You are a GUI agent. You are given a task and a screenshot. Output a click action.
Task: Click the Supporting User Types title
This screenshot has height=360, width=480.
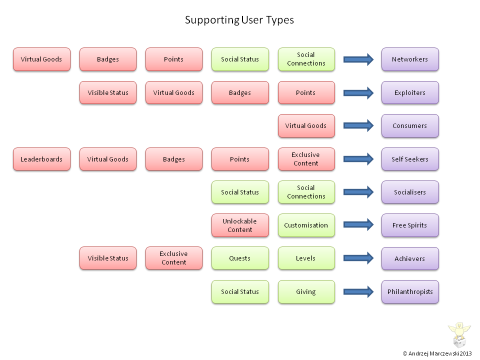pos(239,20)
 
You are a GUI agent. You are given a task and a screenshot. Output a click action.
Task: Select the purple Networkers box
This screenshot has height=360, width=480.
pos(410,59)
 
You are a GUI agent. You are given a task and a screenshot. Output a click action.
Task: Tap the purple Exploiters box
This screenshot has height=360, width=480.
pos(410,92)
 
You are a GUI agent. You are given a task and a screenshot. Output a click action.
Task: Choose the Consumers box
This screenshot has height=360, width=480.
pos(410,126)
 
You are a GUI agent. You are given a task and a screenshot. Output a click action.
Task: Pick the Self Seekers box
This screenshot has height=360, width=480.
pos(410,159)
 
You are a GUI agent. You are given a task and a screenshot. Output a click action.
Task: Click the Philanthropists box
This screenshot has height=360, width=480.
pos(410,291)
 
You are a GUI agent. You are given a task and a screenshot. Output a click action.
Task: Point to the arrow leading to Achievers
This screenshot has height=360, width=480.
pos(358,258)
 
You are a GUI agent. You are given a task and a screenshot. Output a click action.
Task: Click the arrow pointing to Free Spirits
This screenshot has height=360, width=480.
pos(358,225)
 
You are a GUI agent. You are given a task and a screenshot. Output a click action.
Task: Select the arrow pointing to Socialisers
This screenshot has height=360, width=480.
pos(358,192)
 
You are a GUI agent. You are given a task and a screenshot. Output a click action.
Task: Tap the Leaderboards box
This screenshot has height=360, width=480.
pos(41,159)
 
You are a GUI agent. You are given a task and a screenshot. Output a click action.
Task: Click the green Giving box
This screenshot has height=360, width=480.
pos(306,291)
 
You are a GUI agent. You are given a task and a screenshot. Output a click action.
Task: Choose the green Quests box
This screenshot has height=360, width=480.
pos(240,258)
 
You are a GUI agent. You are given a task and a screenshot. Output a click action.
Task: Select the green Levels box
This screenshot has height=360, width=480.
pos(306,258)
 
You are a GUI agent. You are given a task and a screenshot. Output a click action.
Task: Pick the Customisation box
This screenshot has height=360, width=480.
pos(306,225)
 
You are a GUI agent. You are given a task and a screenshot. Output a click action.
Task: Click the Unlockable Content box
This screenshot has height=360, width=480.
pos(240,225)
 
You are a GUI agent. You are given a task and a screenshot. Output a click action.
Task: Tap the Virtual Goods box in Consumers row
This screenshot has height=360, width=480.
pos(306,126)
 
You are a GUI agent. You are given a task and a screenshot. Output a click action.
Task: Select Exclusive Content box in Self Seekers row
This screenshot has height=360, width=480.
pos(306,159)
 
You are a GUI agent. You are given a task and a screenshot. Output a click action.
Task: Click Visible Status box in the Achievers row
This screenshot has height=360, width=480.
pos(108,258)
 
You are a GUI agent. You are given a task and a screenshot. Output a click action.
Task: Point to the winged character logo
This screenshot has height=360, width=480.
pos(459,333)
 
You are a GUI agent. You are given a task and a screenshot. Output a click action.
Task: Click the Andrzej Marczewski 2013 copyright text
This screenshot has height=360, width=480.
pos(437,353)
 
